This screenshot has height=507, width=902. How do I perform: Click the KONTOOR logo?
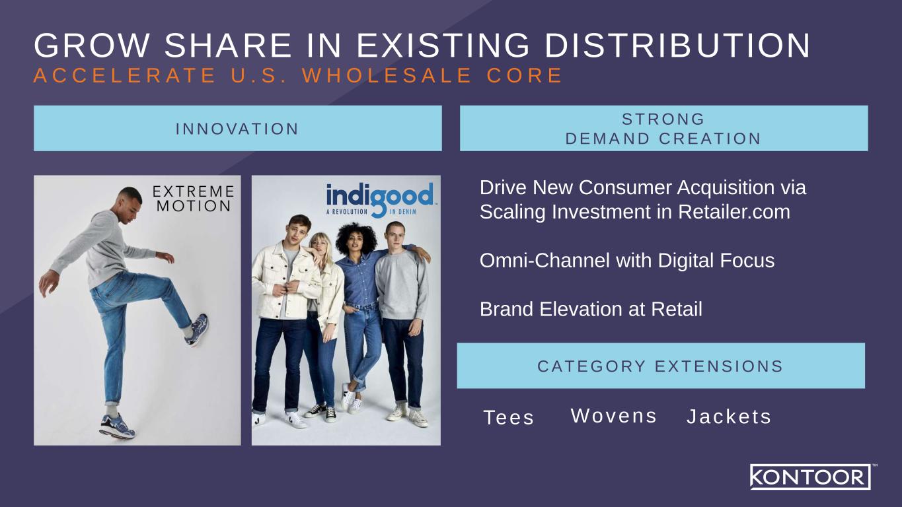(810, 477)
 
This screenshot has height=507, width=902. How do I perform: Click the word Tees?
(509, 417)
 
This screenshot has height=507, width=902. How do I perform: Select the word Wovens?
(614, 416)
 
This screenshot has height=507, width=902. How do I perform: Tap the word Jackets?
(729, 417)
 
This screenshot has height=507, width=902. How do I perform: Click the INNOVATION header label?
(237, 129)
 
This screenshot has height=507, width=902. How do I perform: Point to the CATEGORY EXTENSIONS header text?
(660, 366)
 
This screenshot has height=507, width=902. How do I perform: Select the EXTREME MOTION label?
(193, 199)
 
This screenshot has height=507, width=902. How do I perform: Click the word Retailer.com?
(734, 212)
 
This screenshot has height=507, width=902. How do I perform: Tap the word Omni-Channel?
(545, 260)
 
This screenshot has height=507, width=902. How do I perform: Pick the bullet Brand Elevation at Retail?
(591, 309)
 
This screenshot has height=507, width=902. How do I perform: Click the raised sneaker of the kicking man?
(198, 330)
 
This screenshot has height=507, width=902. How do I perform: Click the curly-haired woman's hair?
(356, 236)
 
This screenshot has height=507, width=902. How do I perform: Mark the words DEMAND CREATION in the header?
(663, 139)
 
